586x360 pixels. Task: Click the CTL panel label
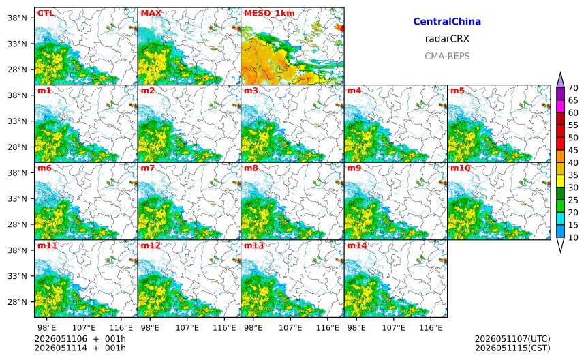[46, 14]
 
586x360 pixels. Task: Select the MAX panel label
[151, 14]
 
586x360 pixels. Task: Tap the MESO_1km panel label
[269, 14]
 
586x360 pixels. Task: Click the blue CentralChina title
[447, 22]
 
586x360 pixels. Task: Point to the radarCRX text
[447, 39]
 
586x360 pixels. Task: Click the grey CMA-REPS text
[447, 56]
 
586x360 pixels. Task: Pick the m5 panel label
[457, 91]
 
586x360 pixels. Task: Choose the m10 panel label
[460, 168]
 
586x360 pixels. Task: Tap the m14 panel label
[357, 245]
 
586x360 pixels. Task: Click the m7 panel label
[148, 168]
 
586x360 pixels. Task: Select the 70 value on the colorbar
[573, 88]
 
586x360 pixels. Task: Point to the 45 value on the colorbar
[573, 150]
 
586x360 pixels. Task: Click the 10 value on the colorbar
[573, 237]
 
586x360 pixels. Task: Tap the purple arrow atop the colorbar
[560, 80]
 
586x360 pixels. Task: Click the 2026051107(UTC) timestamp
[512, 339]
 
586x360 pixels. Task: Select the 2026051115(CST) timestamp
[512, 348]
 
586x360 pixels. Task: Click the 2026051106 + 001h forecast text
[80, 339]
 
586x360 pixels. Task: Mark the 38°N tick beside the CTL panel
[18, 18]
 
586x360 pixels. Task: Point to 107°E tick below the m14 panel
[394, 328]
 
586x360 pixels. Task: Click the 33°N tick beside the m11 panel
[18, 276]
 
